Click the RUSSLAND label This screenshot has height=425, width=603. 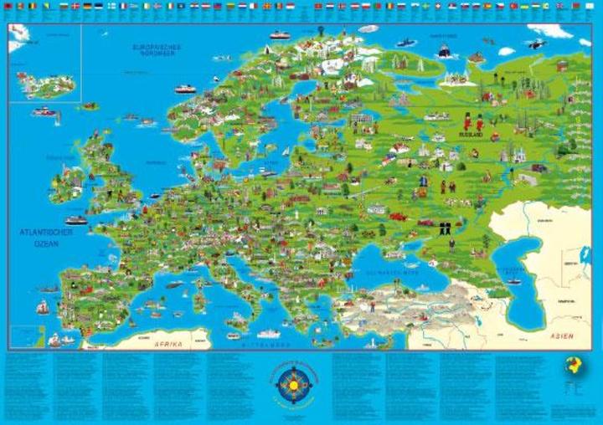tap(474, 133)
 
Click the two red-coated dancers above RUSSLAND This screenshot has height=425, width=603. tap(473, 122)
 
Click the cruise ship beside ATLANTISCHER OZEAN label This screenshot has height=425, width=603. tap(76, 220)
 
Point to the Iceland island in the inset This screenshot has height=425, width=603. tap(47, 84)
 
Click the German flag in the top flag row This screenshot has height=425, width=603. tap(87, 6)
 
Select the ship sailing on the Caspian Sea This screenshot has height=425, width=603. tap(513, 281)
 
